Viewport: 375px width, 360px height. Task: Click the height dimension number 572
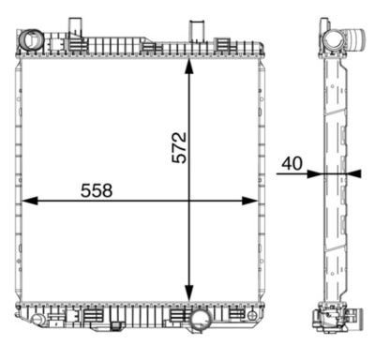180,147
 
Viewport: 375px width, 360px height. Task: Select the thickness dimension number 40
292,163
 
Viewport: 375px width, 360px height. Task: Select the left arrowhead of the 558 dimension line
28,201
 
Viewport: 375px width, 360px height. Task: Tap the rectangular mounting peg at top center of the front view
197,30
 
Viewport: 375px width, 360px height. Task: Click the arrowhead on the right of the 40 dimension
353,172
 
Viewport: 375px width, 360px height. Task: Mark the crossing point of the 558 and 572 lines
190,201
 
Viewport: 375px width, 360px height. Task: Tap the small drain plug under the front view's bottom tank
117,327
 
